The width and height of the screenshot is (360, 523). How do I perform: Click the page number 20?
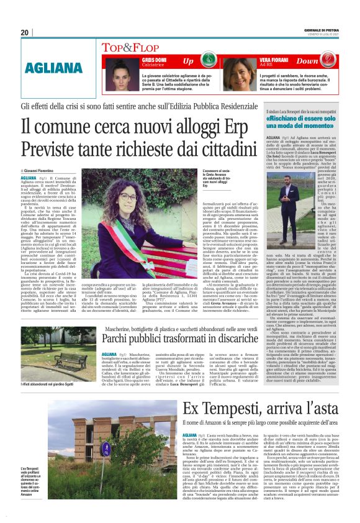pyautogui.click(x=25, y=32)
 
